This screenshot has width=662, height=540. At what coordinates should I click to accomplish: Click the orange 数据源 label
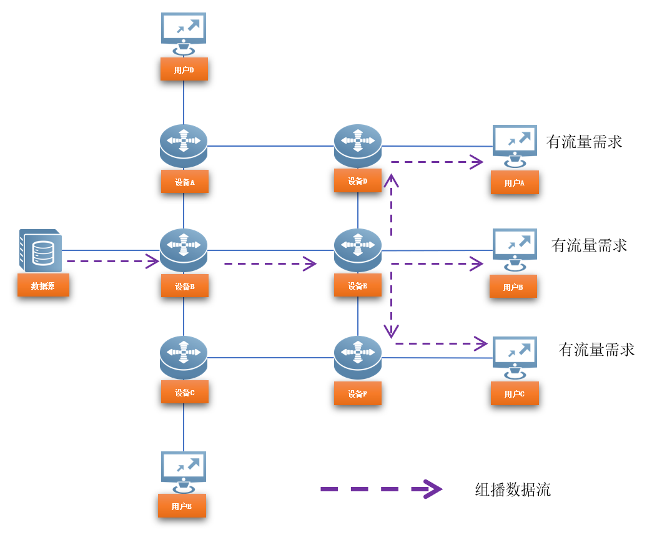click(x=43, y=285)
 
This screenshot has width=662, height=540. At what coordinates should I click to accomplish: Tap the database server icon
click(x=41, y=250)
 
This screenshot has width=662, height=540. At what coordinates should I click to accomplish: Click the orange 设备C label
click(x=184, y=392)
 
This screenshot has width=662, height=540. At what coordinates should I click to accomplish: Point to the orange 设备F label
click(x=357, y=394)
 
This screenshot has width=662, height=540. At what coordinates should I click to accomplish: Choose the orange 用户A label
click(x=514, y=183)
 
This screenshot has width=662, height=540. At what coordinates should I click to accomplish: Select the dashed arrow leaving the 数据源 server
click(x=112, y=261)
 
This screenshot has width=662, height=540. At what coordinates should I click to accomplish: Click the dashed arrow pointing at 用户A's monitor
click(x=437, y=162)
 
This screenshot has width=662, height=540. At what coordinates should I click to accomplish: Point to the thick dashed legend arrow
click(x=381, y=489)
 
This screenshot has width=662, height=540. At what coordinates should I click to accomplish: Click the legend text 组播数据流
click(x=513, y=489)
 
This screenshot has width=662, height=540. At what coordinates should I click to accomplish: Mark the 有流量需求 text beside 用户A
click(x=584, y=142)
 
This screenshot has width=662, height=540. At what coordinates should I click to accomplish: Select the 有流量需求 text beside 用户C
click(x=596, y=349)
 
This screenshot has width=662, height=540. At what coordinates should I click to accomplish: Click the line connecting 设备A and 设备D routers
click(x=270, y=146)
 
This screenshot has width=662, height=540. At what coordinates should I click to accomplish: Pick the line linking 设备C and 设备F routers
click(x=270, y=358)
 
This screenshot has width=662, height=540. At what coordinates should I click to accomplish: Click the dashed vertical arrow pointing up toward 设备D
click(x=392, y=206)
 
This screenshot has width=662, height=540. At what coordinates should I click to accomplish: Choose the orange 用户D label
click(x=184, y=69)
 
